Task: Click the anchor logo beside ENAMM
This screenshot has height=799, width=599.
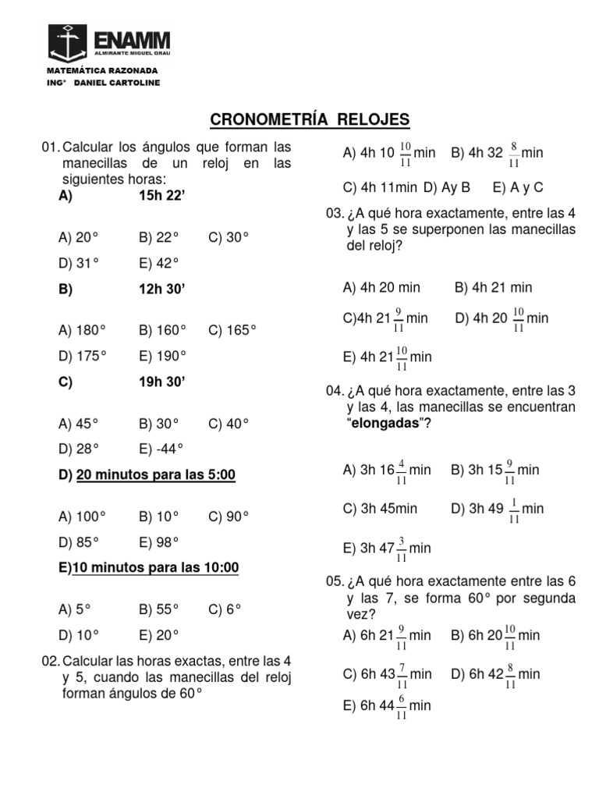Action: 68,43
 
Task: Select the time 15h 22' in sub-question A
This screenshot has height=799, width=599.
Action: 161,197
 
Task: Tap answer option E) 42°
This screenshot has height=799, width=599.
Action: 159,263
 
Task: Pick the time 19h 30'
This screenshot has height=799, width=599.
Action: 162,382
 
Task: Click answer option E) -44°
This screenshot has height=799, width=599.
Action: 161,449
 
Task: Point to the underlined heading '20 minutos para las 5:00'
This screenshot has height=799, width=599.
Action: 155,475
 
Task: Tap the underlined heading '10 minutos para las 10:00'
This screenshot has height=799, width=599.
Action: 155,568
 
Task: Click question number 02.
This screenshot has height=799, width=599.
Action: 50,661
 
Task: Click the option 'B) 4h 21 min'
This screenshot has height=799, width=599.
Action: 493,288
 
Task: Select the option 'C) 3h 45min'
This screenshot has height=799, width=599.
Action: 380,509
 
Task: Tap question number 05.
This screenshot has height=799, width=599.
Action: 335,581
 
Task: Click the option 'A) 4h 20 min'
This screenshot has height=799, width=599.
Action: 381,288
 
